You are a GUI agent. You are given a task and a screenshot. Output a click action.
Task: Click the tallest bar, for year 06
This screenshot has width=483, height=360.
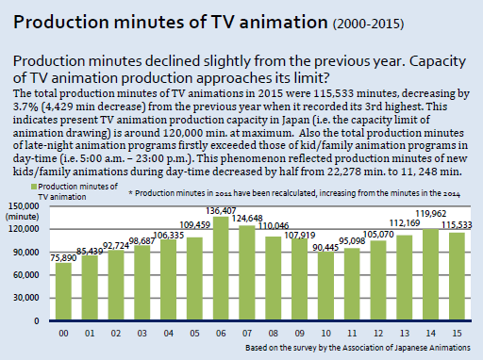click(221, 268)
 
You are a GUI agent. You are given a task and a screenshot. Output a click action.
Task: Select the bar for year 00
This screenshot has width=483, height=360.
click(63, 291)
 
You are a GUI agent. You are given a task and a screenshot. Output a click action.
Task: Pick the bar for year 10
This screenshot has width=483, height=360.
click(325, 286)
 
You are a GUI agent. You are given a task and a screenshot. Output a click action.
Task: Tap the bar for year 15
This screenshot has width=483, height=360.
click(457, 276)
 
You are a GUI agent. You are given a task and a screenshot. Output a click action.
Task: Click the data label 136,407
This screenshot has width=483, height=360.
click(221, 210)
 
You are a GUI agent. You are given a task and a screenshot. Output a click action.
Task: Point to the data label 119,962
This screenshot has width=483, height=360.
click(431, 214)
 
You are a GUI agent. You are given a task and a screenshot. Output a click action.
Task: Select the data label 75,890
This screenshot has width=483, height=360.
click(63, 258)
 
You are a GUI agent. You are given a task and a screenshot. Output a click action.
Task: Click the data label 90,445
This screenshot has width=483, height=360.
click(325, 248)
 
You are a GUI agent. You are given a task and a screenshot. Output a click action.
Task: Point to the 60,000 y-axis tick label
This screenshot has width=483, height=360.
click(26, 275)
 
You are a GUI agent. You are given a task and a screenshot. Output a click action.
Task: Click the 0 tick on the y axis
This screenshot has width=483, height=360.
click(37, 320)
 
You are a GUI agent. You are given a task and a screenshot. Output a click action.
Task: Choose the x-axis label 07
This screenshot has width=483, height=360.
click(247, 333)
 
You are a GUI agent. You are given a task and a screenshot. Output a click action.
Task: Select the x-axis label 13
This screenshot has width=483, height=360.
click(405, 333)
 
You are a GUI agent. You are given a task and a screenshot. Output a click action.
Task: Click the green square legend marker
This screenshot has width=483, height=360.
click(34, 187)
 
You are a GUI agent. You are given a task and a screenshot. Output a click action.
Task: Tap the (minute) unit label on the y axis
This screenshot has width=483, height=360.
click(22, 217)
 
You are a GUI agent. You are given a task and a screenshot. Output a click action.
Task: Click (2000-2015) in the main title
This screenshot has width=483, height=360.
click(368, 24)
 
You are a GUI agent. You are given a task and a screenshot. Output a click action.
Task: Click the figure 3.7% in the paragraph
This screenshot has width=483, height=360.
click(25, 106)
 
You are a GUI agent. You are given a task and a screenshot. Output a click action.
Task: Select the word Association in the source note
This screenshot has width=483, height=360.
click(362, 348)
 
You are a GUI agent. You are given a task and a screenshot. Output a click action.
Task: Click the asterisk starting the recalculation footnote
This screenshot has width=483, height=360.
click(130, 192)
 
